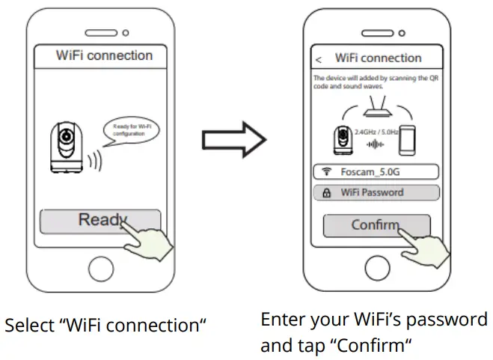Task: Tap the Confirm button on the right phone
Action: tap(376, 225)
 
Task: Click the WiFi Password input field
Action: tap(376, 192)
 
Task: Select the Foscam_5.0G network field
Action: tap(376, 172)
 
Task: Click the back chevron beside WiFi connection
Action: tap(319, 58)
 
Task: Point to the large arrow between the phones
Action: tap(235, 138)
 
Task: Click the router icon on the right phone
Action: tap(376, 110)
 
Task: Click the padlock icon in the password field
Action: tap(327, 192)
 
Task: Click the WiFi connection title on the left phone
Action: tap(104, 56)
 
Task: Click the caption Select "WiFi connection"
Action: tap(105, 326)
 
